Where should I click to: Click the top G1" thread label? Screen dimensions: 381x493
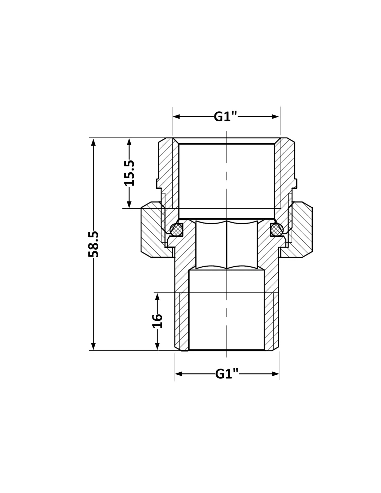(225, 116)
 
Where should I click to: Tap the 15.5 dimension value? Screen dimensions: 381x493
(130, 173)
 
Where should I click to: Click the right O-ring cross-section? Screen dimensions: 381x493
(277, 229)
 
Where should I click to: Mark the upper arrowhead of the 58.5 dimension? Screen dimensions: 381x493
(93, 142)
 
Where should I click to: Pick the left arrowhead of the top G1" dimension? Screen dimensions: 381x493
(176, 116)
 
